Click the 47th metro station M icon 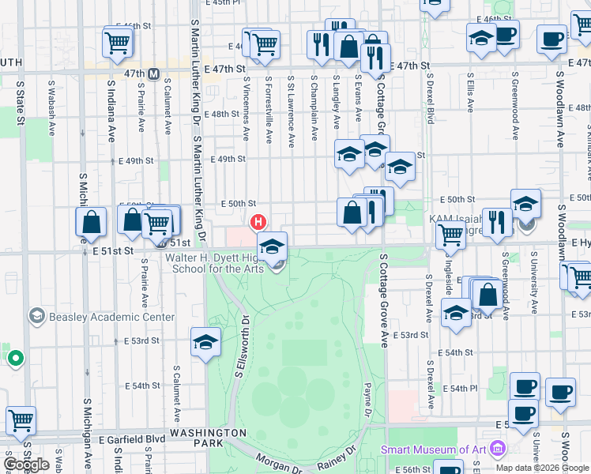(x=154, y=74)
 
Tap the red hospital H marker (x=257, y=221)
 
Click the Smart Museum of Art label (x=433, y=450)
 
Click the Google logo (x=27, y=465)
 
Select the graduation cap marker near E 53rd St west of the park (x=205, y=343)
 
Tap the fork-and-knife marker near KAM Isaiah (x=497, y=222)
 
